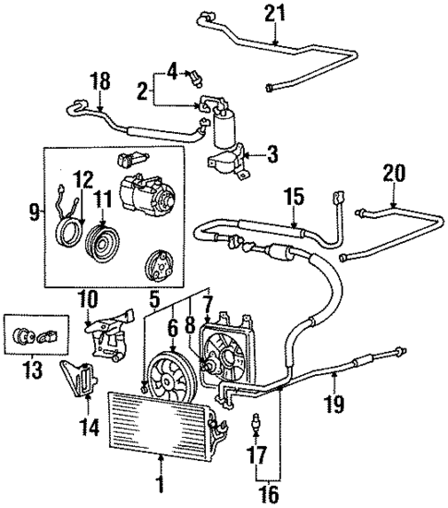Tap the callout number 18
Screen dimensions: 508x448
[x=101, y=82]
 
